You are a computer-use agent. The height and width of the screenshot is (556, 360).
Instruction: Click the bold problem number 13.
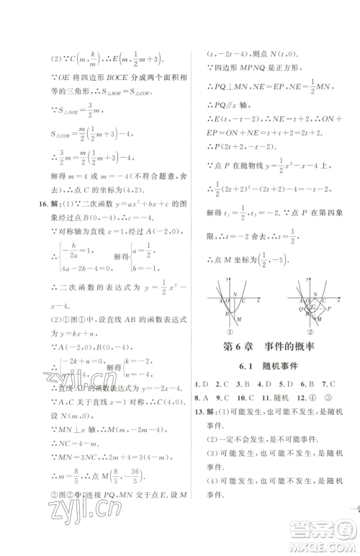pos(199,411)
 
